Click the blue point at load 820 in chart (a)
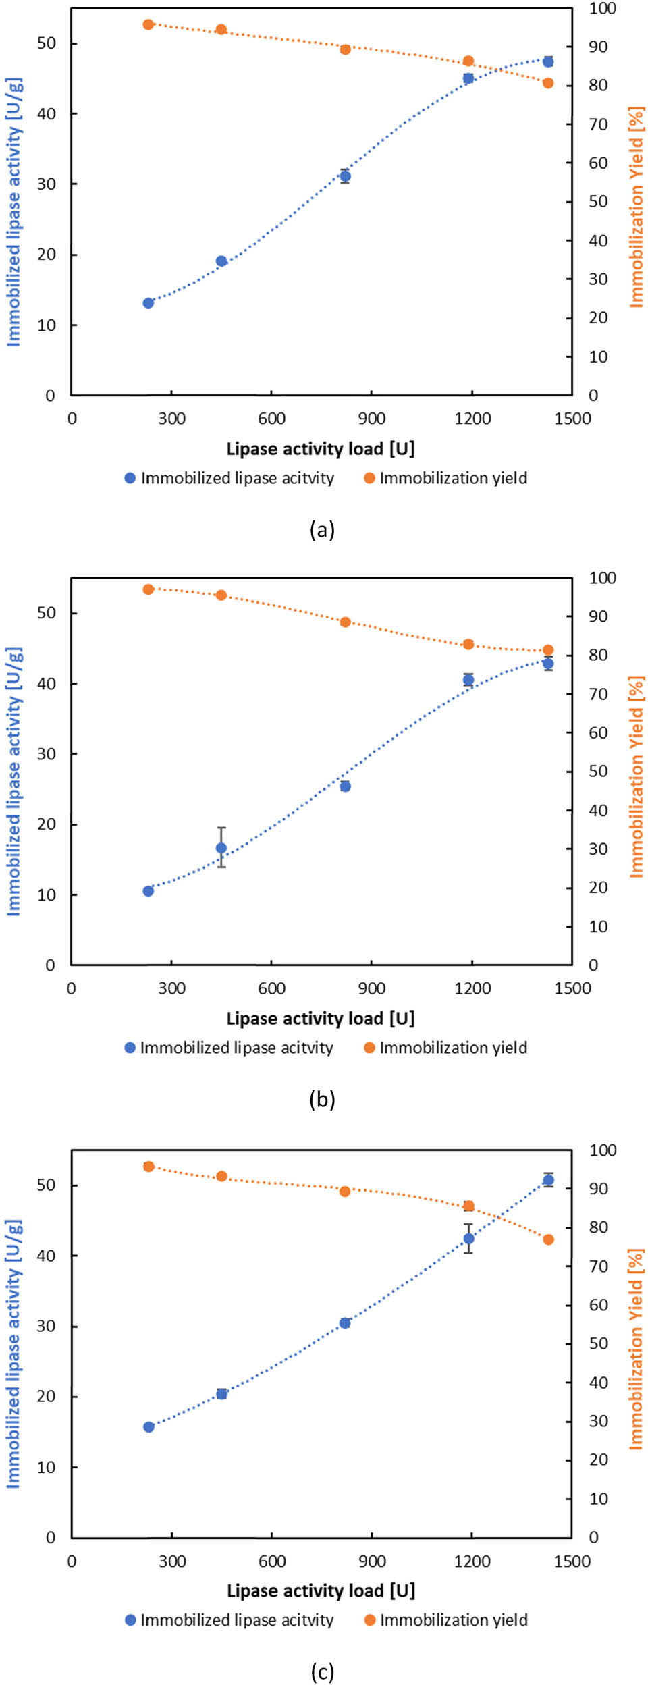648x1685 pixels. tap(345, 176)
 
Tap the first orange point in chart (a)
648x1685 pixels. tap(148, 25)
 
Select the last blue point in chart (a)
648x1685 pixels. tap(548, 61)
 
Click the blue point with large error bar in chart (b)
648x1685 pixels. tap(221, 848)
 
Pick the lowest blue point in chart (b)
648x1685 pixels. tap(148, 891)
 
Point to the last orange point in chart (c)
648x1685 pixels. tap(548, 1239)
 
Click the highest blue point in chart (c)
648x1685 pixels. tap(548, 1180)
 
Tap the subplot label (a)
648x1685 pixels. tap(322, 530)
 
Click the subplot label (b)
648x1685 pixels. tap(322, 1100)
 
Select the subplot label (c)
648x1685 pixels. tap(322, 1671)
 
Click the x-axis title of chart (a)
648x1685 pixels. tap(321, 448)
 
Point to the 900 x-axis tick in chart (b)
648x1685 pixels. tap(372, 988)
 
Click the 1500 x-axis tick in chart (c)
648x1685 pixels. tap(572, 1561)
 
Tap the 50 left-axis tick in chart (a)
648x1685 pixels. tap(47, 43)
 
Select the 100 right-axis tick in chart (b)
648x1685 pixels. tap(601, 578)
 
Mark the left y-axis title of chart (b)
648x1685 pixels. tap(14, 782)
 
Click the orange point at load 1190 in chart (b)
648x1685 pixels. tap(468, 645)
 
